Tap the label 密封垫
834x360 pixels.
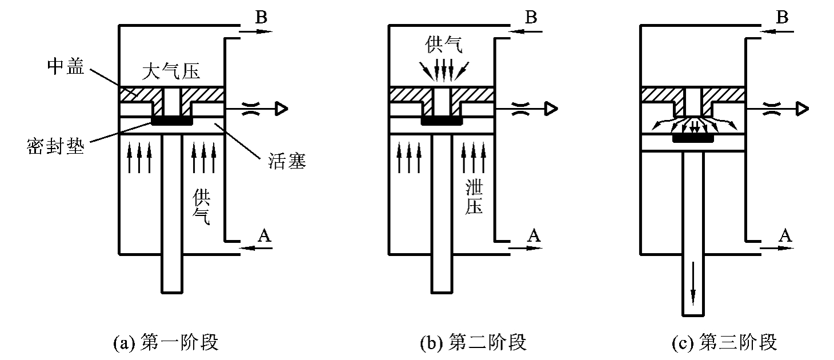tap(56, 149)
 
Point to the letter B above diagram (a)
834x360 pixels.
tap(261, 17)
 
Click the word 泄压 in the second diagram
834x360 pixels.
tap(474, 197)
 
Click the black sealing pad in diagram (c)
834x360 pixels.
tap(694, 138)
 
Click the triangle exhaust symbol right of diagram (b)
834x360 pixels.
tap(552, 108)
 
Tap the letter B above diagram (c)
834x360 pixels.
tap(783, 17)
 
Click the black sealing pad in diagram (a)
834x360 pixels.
tap(171, 121)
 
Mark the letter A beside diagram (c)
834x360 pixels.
tap(787, 235)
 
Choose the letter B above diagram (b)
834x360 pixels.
tap(531, 17)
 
